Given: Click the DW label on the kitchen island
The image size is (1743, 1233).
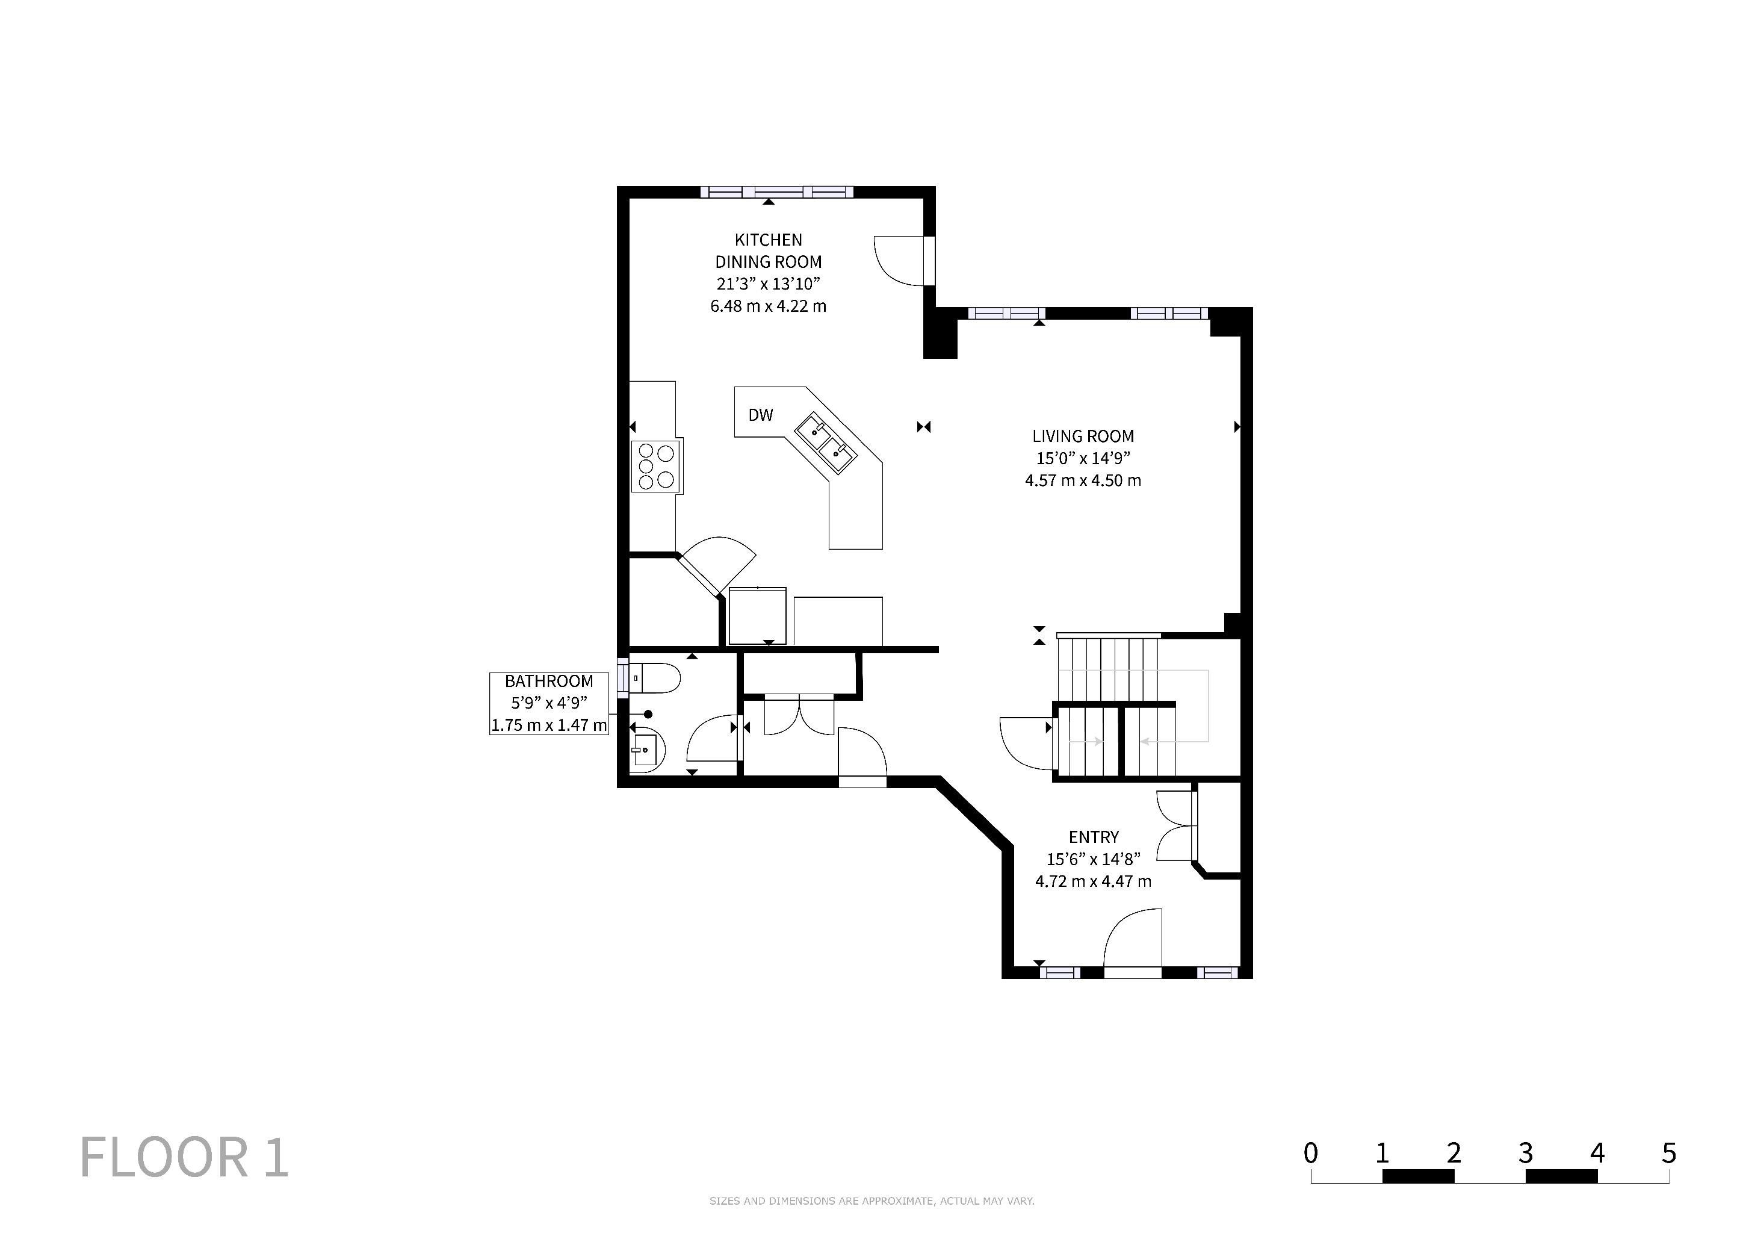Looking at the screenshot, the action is coord(760,415).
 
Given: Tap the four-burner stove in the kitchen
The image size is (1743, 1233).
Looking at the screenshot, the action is coord(657,465).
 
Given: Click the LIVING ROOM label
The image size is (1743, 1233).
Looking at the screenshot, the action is coord(1083,436).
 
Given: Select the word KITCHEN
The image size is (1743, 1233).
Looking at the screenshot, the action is coord(768,240).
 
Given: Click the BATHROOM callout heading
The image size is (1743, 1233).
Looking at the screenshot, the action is coord(549,681).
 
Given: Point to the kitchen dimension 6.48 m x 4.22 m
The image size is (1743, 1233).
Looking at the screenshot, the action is coord(768,306).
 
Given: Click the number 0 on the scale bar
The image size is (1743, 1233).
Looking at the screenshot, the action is coord(1310,1154).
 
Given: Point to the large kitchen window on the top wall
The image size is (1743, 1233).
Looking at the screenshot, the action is coord(776,192).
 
